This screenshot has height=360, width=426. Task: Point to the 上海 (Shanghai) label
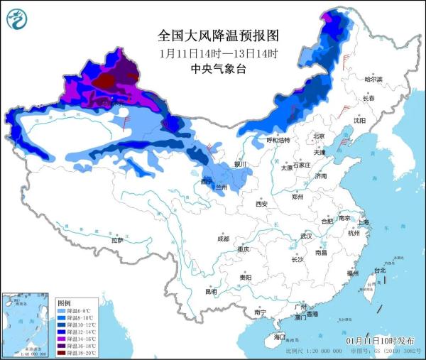pos(364,222)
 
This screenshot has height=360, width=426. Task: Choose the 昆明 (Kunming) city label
pos(211,291)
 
